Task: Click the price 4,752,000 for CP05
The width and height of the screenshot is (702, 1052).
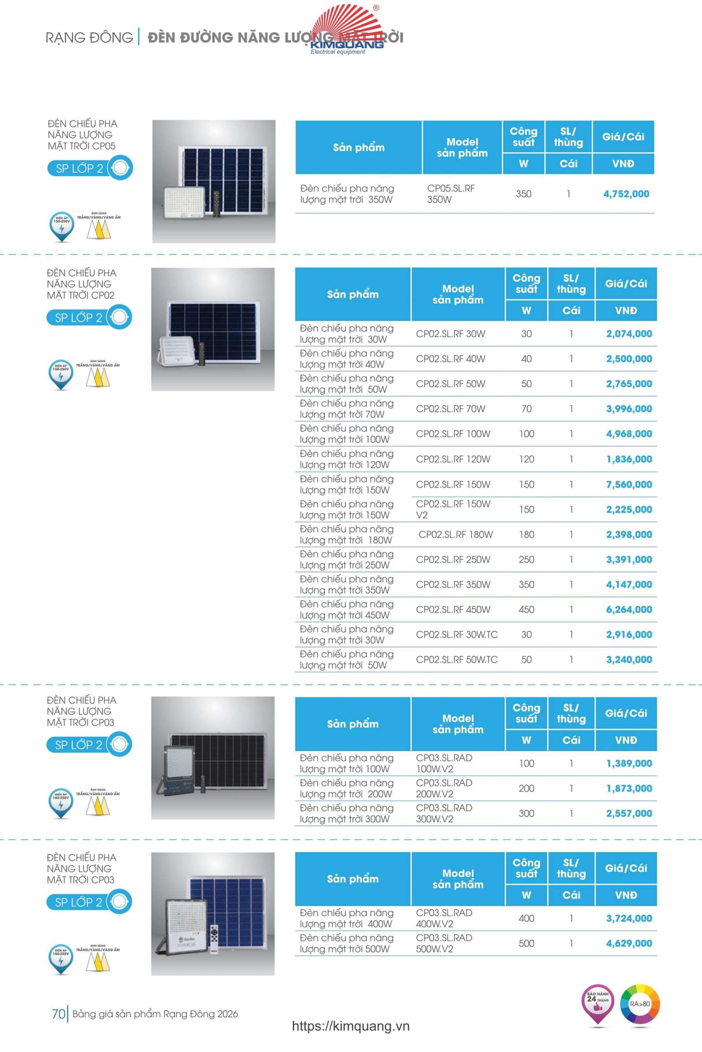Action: tap(626, 194)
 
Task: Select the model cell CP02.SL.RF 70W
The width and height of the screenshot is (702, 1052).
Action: tap(450, 409)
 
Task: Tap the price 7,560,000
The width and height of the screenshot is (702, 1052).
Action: tap(628, 484)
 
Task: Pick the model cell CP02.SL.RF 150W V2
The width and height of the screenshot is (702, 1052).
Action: tap(453, 510)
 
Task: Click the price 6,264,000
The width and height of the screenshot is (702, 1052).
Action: tap(628, 610)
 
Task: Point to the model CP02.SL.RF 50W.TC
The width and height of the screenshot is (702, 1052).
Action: tap(456, 660)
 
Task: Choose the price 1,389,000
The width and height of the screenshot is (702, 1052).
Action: tap(628, 764)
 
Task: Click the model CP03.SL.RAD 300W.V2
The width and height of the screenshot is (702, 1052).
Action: tap(444, 814)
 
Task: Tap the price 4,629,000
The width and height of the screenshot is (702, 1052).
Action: tap(628, 944)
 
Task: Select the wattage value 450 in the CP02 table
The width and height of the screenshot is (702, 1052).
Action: tap(526, 610)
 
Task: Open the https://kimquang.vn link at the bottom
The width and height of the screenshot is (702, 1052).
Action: tap(350, 1026)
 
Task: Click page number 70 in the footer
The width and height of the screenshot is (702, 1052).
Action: tap(59, 1014)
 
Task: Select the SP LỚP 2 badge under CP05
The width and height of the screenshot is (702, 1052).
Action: tap(89, 168)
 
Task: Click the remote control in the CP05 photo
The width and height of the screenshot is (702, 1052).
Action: tap(217, 204)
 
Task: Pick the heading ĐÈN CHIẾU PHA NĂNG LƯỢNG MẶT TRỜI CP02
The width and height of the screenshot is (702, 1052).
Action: tap(81, 284)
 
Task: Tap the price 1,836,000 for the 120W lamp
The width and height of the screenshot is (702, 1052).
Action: tap(628, 459)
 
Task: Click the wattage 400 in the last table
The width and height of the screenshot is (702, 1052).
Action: tap(526, 918)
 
